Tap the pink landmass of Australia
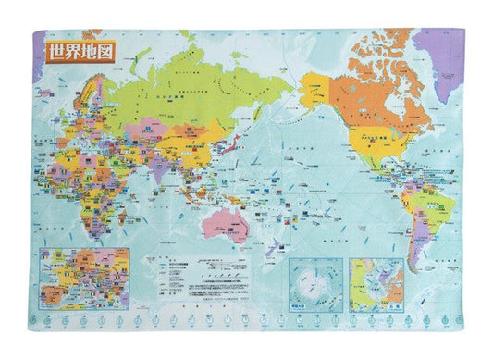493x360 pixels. click(x=225, y=218)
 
